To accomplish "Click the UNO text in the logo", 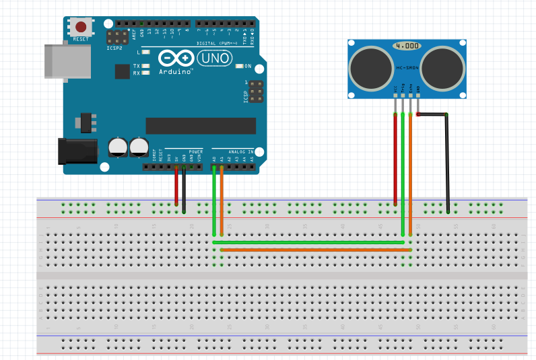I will click(x=214, y=59).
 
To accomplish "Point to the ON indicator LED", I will click(x=240, y=66).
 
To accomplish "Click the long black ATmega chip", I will click(x=201, y=126).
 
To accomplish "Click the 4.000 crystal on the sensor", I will click(x=407, y=46).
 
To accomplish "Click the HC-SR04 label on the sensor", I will click(x=408, y=67).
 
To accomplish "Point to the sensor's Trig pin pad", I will click(x=403, y=96).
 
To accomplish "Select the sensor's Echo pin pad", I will click(x=410, y=96).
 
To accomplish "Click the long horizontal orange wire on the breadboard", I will click(x=316, y=250).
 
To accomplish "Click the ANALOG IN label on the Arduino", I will click(x=240, y=152).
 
